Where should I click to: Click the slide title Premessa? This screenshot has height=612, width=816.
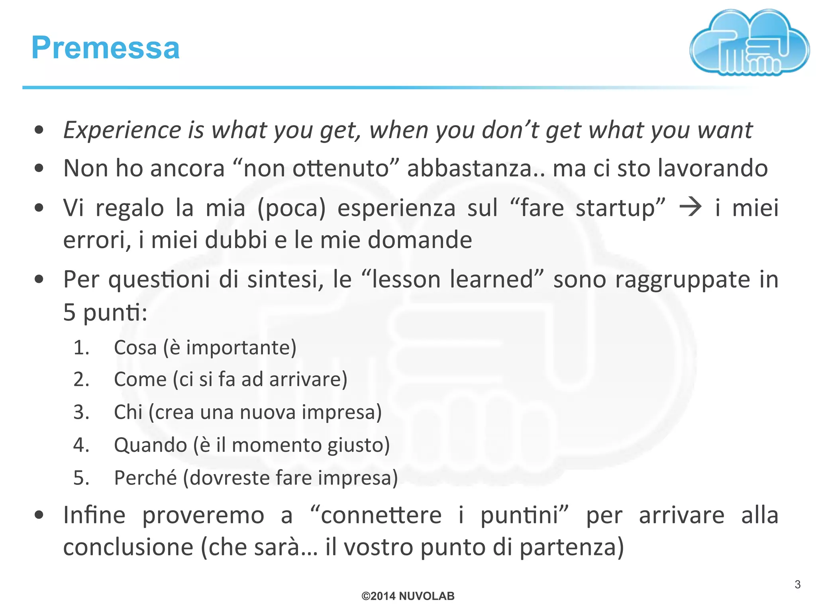coord(106,48)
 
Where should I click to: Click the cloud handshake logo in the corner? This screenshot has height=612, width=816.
coord(749,43)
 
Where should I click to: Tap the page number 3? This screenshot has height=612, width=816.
coord(797,585)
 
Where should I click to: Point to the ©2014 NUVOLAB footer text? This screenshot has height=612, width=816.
coord(408,596)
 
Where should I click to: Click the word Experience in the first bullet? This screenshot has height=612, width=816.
coord(122,130)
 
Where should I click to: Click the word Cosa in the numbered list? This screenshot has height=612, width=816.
coord(135,347)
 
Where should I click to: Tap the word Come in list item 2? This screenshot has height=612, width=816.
coord(140,379)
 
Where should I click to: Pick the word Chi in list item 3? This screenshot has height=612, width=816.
coord(128,412)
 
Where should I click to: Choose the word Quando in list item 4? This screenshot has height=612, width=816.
coord(150,445)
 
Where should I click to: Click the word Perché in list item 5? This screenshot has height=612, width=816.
coord(145,478)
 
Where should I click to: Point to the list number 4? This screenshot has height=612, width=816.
coord(81,445)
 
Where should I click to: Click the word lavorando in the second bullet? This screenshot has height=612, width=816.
coord(712,168)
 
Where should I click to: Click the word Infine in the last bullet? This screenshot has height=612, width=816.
coord(94,515)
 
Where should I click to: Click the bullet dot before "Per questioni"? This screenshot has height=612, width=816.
coord(39,279)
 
